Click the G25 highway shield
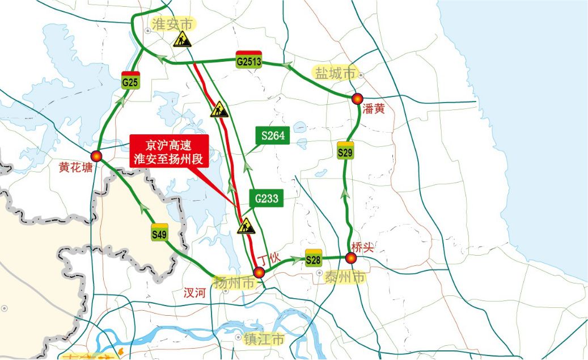(130, 81)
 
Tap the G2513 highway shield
(248, 60)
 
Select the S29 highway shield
(345, 150)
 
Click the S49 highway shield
(160, 232)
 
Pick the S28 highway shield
(314, 257)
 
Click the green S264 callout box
(273, 135)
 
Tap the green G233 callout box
(265, 198)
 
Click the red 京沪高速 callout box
(168, 151)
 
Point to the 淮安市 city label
(173, 24)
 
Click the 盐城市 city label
(335, 73)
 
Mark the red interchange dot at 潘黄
(357, 99)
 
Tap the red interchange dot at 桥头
(351, 259)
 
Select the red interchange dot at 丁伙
(259, 273)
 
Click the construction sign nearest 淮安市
(182, 39)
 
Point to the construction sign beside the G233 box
(246, 226)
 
